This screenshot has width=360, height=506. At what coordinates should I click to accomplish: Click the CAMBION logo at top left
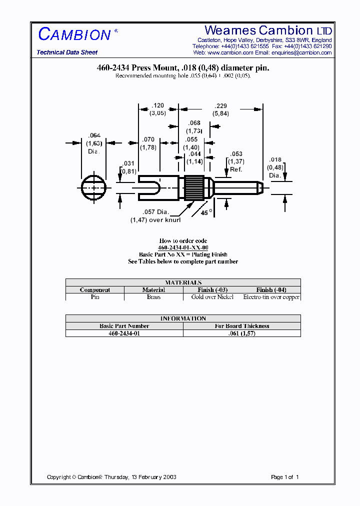(x=74, y=34)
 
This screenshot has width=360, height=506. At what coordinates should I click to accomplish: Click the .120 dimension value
(x=158, y=105)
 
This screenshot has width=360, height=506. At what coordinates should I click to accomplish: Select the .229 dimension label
(x=220, y=105)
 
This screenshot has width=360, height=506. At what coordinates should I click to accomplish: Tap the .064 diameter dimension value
(x=94, y=135)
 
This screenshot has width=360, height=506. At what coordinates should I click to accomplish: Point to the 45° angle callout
(x=206, y=212)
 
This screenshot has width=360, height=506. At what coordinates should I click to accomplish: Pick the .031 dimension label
(x=128, y=164)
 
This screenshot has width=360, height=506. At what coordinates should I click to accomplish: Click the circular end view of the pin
(x=94, y=187)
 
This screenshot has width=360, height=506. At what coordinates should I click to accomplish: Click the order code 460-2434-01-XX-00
(x=183, y=247)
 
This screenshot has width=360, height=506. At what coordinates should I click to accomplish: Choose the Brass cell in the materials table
(x=153, y=297)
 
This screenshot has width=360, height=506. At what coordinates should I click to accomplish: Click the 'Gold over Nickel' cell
(x=212, y=297)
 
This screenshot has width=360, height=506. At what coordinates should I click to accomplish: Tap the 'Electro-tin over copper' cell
(x=271, y=297)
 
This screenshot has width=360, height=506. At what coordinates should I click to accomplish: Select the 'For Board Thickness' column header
(x=242, y=326)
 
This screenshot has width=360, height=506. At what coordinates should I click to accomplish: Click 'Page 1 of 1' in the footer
(x=284, y=477)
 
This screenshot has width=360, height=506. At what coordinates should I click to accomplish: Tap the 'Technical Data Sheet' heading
(x=67, y=52)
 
